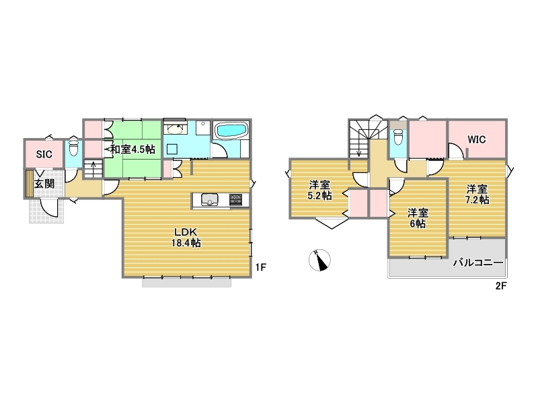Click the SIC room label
(x=44, y=154)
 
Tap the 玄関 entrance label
(x=44, y=183)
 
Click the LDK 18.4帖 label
(x=186, y=238)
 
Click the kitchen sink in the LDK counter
(x=210, y=199)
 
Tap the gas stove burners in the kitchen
(x=235, y=199)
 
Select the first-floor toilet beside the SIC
(x=74, y=147)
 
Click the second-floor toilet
(x=398, y=137)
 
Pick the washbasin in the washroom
(x=175, y=129)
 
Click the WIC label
(x=477, y=139)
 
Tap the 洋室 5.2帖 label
(x=320, y=191)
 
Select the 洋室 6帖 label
(x=418, y=218)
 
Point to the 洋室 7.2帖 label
(x=477, y=195)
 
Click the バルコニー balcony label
(x=478, y=263)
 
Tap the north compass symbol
(x=320, y=260)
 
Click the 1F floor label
(x=261, y=267)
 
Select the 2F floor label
(x=500, y=285)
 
